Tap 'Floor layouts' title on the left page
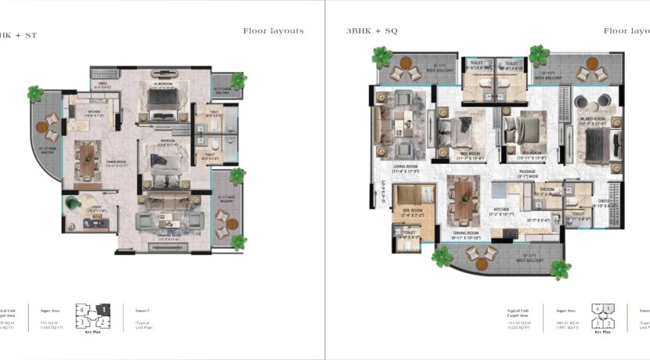273,31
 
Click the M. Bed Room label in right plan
592,120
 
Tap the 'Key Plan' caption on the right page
602,332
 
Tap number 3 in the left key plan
81,322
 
